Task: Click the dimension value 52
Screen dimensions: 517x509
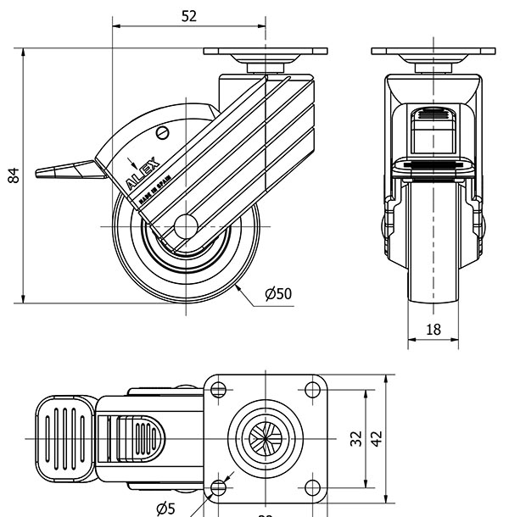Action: (188, 15)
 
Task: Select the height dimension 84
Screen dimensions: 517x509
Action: (13, 175)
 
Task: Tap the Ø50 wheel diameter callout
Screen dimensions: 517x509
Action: (277, 293)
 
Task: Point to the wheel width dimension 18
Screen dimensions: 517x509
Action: (433, 330)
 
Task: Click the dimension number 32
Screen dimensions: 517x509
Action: (356, 438)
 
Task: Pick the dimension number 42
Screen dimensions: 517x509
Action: (378, 438)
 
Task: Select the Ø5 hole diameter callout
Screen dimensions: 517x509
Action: (165, 508)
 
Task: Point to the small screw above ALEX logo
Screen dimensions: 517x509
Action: (163, 132)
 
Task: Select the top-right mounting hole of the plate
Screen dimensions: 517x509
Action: (312, 390)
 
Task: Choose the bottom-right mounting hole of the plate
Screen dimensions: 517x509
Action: (312, 487)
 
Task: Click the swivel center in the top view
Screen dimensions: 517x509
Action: (266, 438)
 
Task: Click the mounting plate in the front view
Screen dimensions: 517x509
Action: (433, 52)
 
